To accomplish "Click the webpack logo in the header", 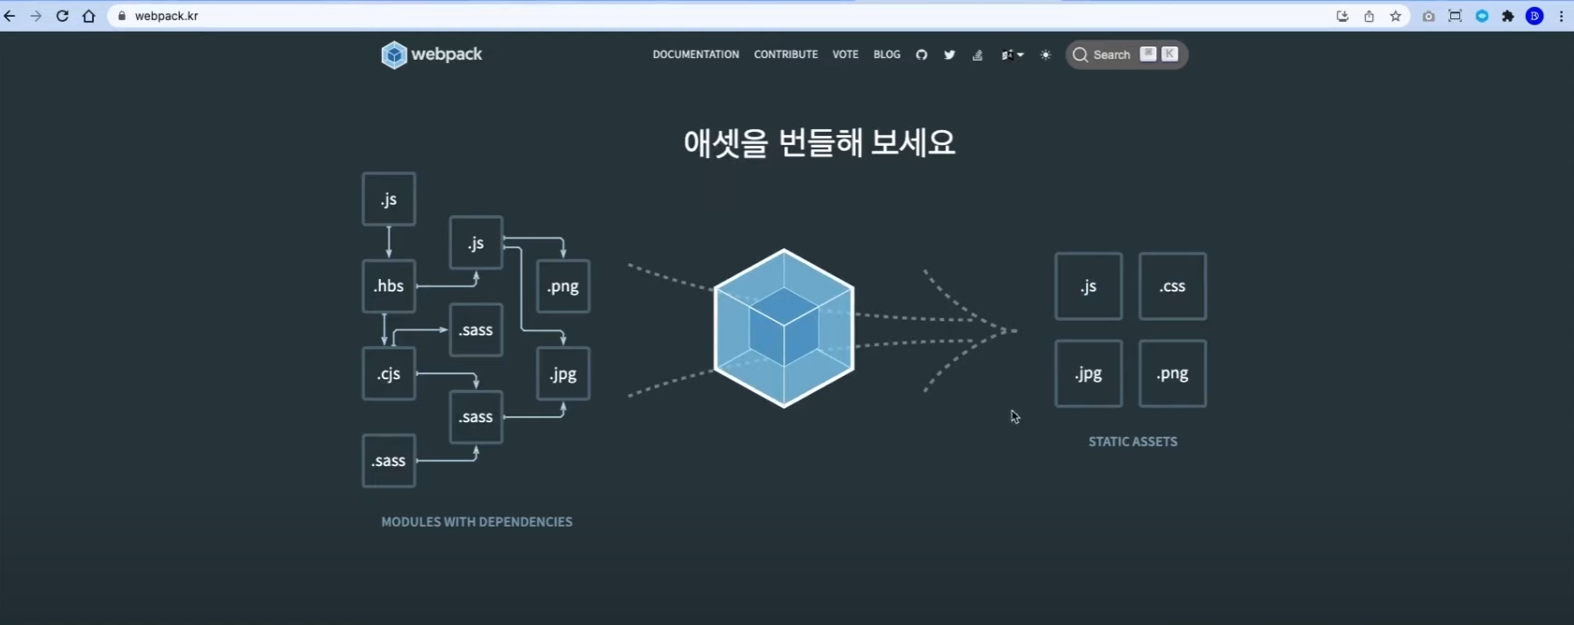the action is [x=431, y=54].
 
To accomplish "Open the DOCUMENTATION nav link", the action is [x=695, y=54].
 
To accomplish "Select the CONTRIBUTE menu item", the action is [x=786, y=54].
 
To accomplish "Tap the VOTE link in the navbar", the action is [x=845, y=54].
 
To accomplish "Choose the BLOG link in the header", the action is [x=887, y=54].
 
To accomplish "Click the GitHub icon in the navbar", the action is [x=921, y=54].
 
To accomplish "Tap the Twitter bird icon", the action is [x=949, y=54].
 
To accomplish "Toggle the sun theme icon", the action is [x=1046, y=54].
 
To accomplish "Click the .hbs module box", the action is [x=389, y=286].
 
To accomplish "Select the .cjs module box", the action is [x=389, y=374].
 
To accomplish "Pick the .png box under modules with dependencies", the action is [x=563, y=286].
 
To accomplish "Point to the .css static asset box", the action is [x=1172, y=286].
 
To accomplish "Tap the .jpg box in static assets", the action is [x=1088, y=374].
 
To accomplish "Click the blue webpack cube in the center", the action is [x=784, y=328].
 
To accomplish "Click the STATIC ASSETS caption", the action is [x=1132, y=442].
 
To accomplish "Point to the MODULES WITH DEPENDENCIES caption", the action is [x=477, y=521].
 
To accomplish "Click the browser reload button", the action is [x=62, y=16].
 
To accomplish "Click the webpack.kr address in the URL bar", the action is [x=166, y=16].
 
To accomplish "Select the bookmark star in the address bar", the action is [x=1395, y=16].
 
